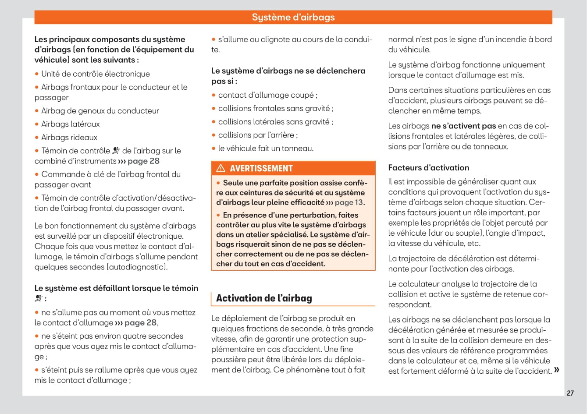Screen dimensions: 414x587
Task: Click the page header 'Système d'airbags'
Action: tap(293, 18)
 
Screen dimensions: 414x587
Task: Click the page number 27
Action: tap(570, 393)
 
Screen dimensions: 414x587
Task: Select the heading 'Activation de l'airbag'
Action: tap(264, 298)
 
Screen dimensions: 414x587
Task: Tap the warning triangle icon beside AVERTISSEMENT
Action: tap(221, 168)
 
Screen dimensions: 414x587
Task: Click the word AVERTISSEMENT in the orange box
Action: tap(261, 168)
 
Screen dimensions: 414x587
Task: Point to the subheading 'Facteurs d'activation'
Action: tap(428, 167)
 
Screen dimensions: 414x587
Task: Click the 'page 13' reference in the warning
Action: tap(349, 202)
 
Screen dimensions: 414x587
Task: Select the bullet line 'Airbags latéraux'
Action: tap(71, 124)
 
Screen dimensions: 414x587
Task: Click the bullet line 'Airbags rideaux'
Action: tap(69, 137)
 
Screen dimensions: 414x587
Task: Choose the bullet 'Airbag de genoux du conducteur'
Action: tap(100, 111)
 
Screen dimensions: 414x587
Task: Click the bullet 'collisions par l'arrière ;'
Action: tap(258, 135)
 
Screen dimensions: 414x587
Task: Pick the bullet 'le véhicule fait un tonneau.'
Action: tap(266, 148)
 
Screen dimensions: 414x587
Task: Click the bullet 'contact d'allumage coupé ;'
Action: tap(267, 95)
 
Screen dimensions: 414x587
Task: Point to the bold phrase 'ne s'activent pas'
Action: tap(463, 126)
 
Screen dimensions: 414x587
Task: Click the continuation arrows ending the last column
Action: tap(556, 370)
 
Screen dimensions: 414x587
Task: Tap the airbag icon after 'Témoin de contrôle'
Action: tap(116, 151)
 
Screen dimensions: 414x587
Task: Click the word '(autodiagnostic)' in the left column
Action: tap(138, 267)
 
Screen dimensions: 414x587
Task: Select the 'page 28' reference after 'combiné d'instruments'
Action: tap(143, 161)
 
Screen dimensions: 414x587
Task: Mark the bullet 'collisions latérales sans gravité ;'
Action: tap(275, 122)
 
